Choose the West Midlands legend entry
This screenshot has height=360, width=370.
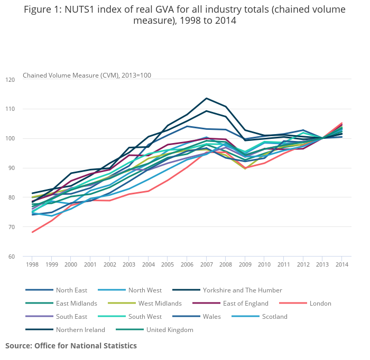(x=160, y=304)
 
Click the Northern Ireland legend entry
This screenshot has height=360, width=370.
(x=81, y=330)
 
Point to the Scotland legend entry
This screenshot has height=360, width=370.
(x=274, y=317)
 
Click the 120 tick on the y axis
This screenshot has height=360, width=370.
(x=11, y=80)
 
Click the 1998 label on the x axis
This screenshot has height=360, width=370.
(x=32, y=264)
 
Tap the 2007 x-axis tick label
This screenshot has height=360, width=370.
(x=206, y=264)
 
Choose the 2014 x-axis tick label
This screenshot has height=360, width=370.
(x=342, y=264)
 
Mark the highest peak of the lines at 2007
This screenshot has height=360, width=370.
(x=206, y=98)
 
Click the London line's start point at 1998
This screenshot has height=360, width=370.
(x=32, y=232)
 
